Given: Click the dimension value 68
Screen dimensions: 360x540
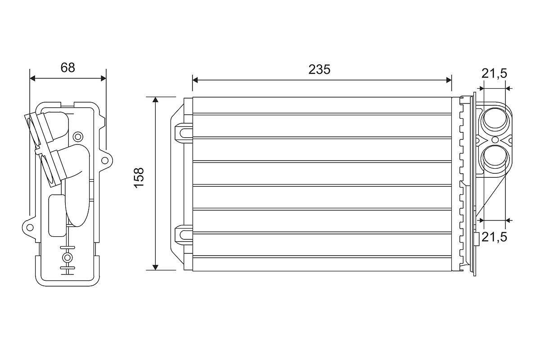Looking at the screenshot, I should tap(67, 67).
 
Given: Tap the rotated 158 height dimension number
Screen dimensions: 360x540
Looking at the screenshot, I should tap(139, 177).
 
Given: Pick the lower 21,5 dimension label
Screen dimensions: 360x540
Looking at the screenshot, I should tap(494, 237).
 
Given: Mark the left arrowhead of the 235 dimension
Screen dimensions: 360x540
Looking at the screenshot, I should tap(195, 80).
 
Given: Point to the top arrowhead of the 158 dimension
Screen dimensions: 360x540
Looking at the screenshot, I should tap(155, 100).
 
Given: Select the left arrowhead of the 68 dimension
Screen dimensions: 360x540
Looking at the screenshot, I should tap(32, 78).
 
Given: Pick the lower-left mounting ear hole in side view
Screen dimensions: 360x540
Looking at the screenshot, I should tap(30, 227).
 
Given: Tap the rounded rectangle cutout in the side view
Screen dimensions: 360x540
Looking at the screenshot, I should tap(56, 215).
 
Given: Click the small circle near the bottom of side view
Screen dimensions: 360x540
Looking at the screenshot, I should tap(67, 257).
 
